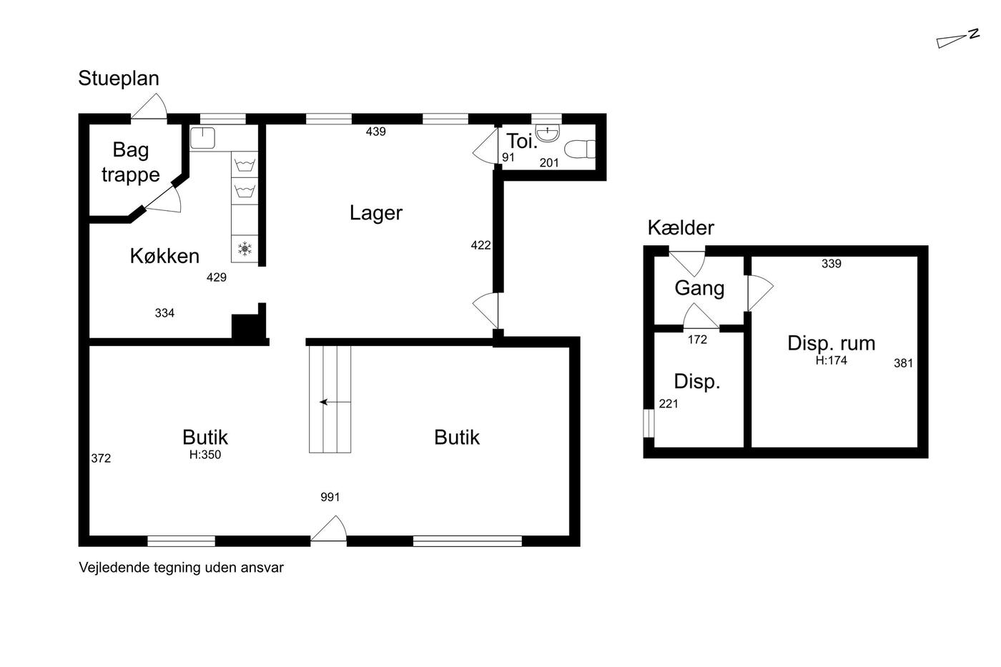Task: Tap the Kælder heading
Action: (x=681, y=228)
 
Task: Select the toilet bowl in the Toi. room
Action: (x=580, y=149)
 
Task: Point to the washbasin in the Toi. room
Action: (x=548, y=133)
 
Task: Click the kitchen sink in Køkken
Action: (x=202, y=137)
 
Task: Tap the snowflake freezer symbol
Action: (x=245, y=249)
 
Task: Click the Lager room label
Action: (x=376, y=213)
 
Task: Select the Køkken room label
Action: (x=164, y=256)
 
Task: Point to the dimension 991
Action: (x=330, y=497)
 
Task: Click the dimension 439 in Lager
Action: (x=375, y=132)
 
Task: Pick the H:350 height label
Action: (x=205, y=455)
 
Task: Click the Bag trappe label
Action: (x=130, y=162)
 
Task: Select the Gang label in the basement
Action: (x=699, y=289)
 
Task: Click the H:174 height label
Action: (x=831, y=360)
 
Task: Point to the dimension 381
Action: (x=903, y=363)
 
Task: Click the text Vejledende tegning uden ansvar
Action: (x=181, y=568)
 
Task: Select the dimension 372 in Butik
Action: (x=101, y=458)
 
